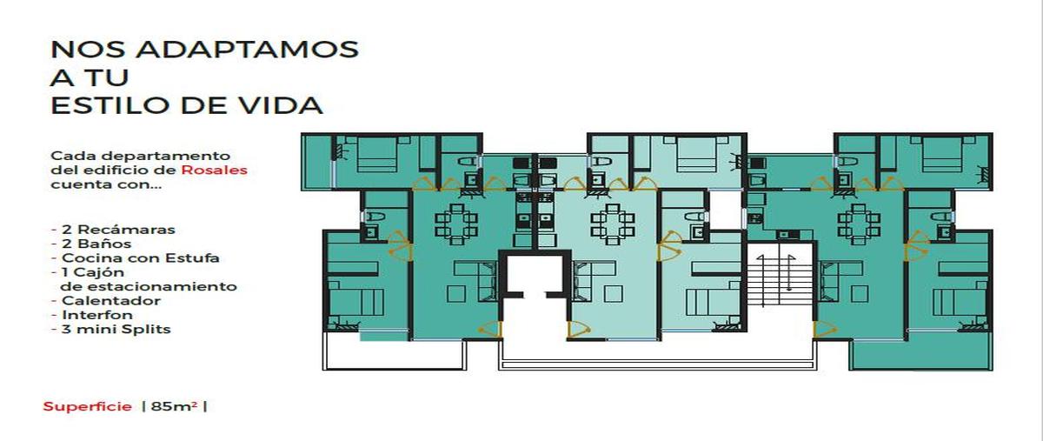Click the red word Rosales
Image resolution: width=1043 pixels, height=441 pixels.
coord(214,170)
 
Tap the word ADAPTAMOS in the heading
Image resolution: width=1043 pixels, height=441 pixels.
coord(247,50)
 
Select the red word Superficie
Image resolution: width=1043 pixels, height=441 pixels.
coord(87,406)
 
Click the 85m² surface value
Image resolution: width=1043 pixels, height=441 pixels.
coord(174,406)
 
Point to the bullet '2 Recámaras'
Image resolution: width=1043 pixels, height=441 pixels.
coord(113,230)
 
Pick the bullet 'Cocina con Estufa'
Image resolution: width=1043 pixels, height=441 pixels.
coord(135,258)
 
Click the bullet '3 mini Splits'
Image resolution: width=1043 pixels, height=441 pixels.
coord(111,329)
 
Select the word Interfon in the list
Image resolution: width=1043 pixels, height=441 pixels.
coord(97,315)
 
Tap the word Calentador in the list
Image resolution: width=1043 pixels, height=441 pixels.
coord(111,301)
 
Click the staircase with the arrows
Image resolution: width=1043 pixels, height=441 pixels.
coord(775,281)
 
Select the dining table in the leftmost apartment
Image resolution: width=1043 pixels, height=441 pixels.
coord(455,224)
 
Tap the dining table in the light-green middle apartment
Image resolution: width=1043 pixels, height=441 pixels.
coord(612,224)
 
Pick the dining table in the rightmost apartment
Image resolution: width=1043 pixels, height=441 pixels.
coord(859,224)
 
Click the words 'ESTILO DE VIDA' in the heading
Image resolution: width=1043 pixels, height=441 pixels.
coord(187,105)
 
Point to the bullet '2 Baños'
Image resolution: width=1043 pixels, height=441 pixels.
coord(96,244)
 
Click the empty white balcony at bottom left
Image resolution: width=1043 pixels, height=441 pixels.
coord(394,354)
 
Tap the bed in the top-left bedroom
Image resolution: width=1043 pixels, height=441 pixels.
coord(376,155)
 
